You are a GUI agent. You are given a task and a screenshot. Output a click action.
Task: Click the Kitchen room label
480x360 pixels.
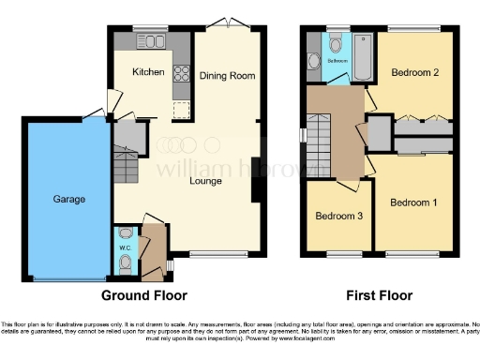point(148,72)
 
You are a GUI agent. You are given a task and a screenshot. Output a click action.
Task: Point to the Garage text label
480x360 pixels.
point(68,199)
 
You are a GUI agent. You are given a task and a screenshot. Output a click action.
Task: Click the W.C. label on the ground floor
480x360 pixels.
point(126,248)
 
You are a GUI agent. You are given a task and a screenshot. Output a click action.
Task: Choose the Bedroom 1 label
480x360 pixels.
point(412,202)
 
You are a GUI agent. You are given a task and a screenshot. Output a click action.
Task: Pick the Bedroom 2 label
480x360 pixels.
point(412,72)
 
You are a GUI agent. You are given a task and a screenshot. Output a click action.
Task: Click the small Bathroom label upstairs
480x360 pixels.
point(337,61)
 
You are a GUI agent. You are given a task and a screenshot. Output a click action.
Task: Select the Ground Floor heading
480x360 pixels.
point(152,295)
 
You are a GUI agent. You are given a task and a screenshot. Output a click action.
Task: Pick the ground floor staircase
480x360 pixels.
point(125,170)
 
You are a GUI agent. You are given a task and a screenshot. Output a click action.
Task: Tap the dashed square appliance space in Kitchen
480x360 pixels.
point(179,111)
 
